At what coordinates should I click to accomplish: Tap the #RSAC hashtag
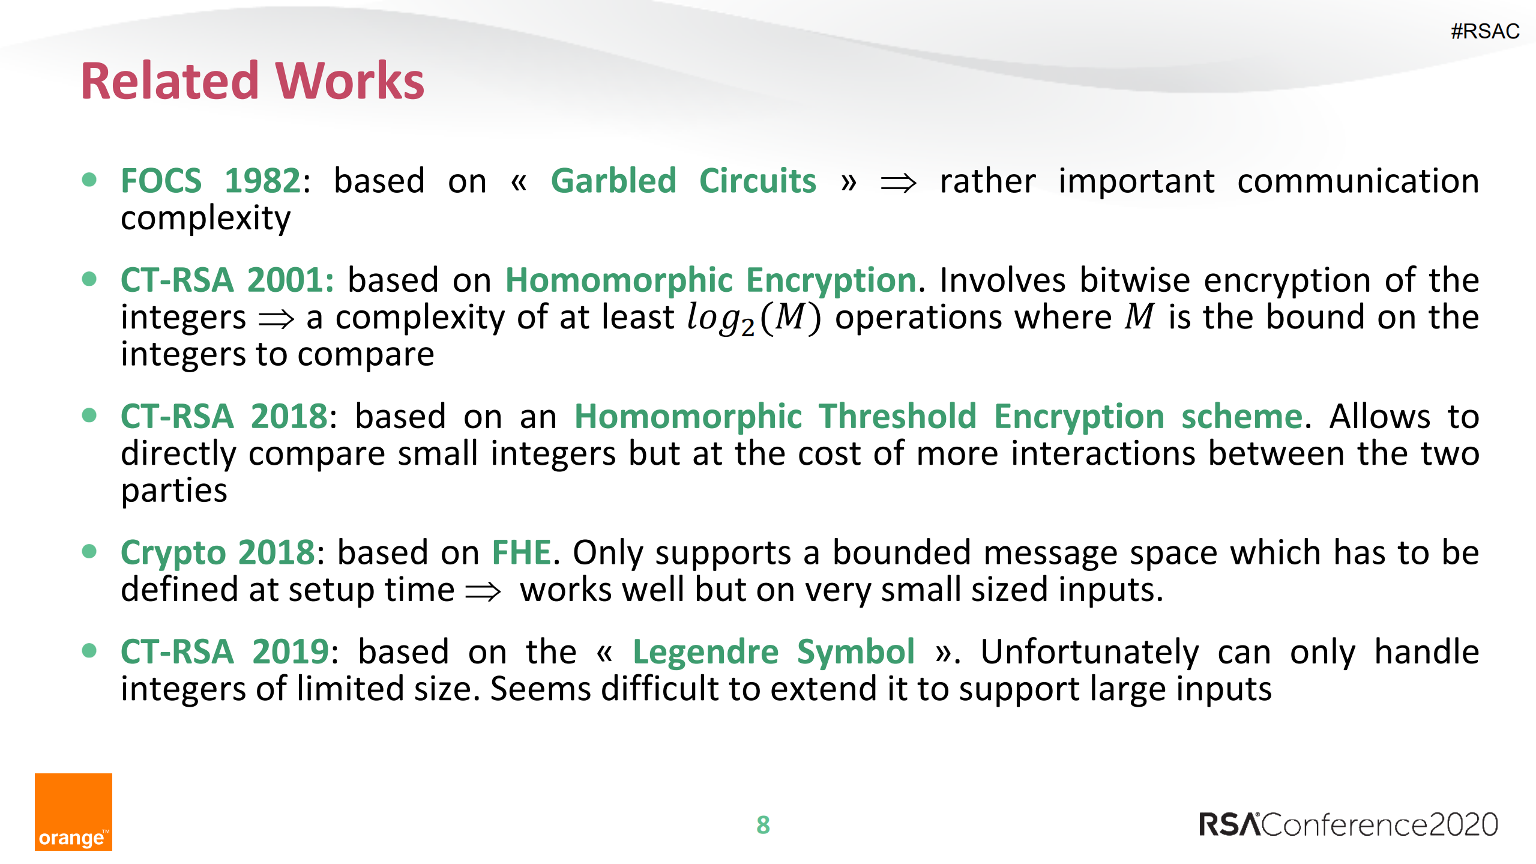1484,31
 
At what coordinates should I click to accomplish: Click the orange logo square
73,811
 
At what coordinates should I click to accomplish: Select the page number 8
763,825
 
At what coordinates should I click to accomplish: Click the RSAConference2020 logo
1348,824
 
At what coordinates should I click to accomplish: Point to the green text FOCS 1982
210,181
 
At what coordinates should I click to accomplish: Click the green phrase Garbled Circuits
683,181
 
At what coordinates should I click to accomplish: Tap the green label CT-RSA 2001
226,280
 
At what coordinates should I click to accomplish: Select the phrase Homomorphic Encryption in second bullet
711,280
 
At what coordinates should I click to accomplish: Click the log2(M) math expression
753,318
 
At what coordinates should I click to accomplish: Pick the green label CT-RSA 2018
224,416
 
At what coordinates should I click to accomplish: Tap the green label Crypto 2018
217,552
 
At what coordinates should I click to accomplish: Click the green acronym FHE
521,552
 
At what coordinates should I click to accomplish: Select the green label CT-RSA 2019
224,652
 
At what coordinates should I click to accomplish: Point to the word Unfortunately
1089,652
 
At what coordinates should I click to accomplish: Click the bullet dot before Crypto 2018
89,551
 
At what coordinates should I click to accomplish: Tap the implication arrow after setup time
483,591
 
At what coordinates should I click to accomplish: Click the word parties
174,491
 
